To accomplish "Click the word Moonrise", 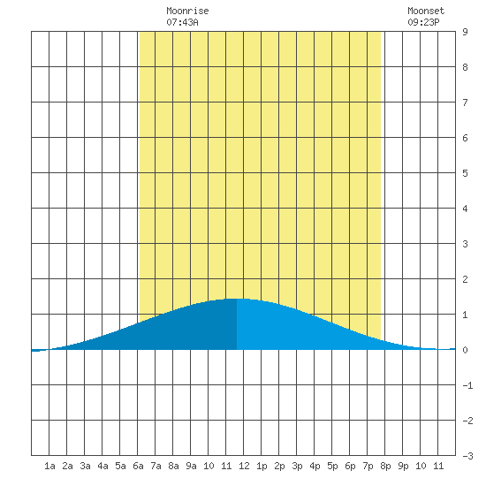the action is click(x=187, y=11).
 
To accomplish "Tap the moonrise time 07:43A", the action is click(x=182, y=22).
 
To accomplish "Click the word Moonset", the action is click(x=426, y=11).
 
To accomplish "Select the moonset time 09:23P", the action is click(x=423, y=22).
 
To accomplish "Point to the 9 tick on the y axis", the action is click(x=465, y=32).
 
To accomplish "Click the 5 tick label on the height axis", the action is click(x=465, y=173).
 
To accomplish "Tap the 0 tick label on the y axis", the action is click(x=465, y=350).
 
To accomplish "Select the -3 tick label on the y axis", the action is click(x=467, y=456).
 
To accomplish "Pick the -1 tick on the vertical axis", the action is click(x=467, y=385).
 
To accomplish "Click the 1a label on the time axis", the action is click(x=49, y=466).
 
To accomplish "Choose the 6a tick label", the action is click(x=138, y=466).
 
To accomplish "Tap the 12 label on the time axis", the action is click(x=244, y=466).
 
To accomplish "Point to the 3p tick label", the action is click(x=297, y=466).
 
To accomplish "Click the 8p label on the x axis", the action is click(x=385, y=466).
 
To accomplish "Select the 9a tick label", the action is click(x=191, y=466).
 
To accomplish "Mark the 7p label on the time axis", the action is click(x=368, y=466).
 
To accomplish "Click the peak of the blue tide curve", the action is click(x=237, y=299).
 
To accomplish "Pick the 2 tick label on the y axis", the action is click(x=465, y=279).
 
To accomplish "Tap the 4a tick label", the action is click(x=103, y=466).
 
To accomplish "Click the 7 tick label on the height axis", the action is click(x=465, y=103).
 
